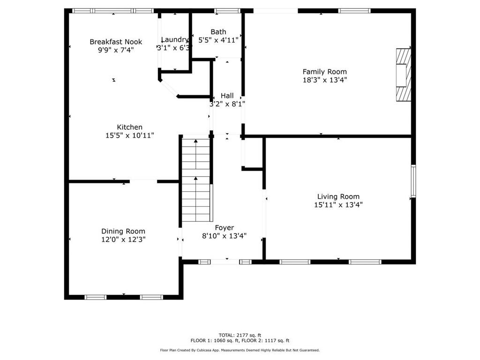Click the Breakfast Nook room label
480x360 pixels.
[x=116, y=42]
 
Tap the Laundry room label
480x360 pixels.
[x=175, y=40]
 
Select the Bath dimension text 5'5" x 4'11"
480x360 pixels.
[x=218, y=40]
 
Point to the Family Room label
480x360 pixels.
[x=324, y=72]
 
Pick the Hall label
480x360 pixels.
[x=227, y=96]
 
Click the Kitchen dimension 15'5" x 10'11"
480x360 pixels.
[x=130, y=135]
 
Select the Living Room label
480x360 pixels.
[x=338, y=197]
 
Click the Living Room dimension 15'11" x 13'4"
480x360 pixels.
[x=338, y=205]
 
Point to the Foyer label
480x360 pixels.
[x=225, y=228]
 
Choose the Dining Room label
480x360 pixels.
[x=123, y=231]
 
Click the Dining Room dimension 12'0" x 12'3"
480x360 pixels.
[x=123, y=239]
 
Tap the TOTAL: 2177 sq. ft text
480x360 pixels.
[x=240, y=335]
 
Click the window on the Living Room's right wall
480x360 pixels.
[x=413, y=181]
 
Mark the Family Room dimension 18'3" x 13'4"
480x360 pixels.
[x=324, y=80]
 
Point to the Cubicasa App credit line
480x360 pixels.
[x=240, y=350]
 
